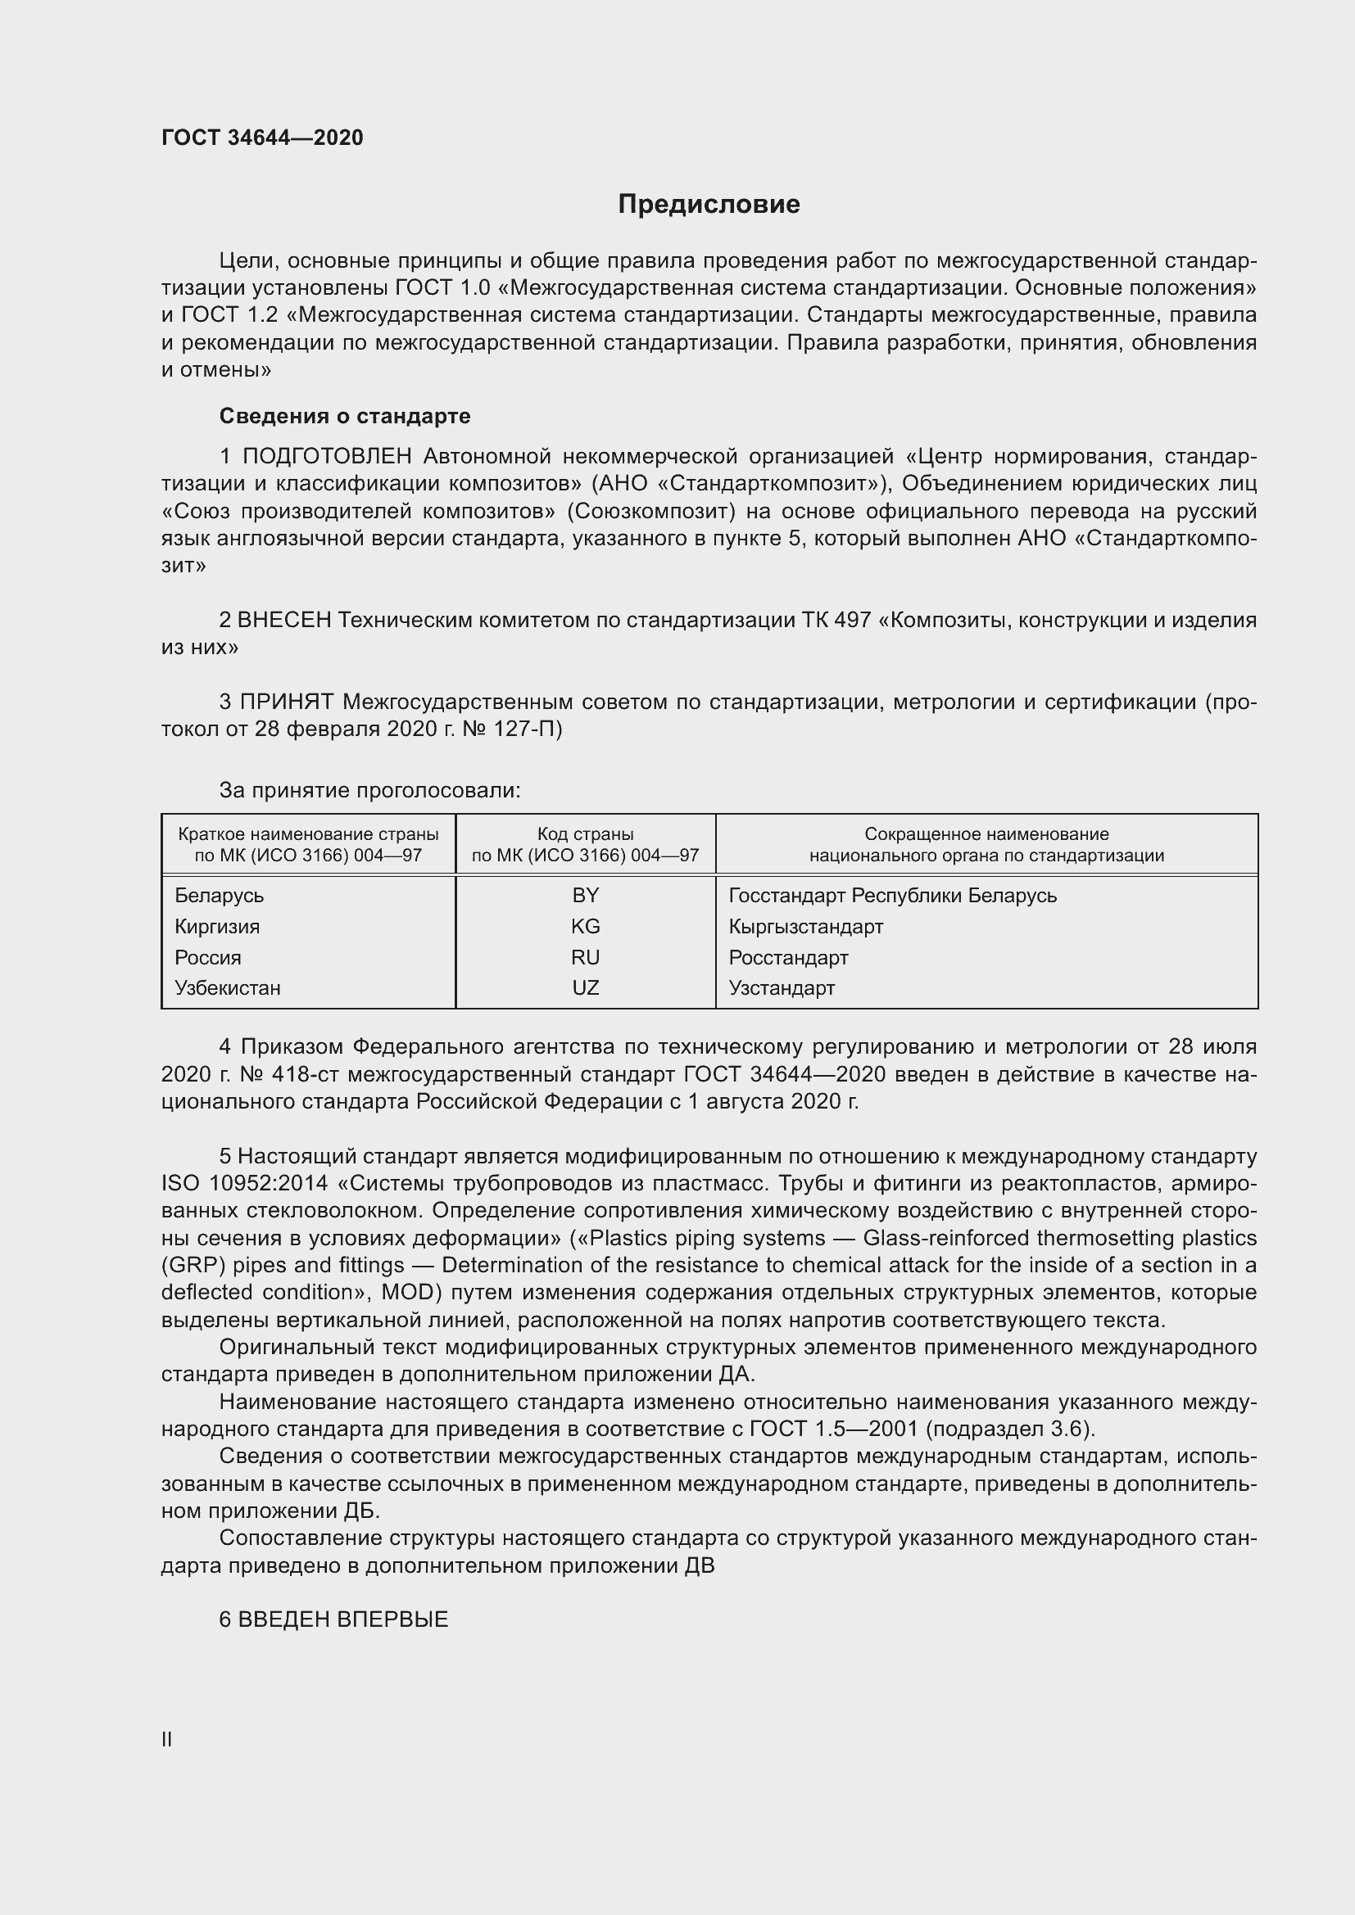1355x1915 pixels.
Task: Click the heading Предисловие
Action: [709, 205]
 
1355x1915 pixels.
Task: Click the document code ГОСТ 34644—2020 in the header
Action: [262, 138]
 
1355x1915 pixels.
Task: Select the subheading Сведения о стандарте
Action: [345, 415]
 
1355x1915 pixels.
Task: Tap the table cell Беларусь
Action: [220, 895]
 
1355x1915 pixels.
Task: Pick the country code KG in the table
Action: [585, 926]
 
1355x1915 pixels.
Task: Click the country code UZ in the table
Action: [585, 987]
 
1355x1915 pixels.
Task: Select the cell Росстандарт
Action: [787, 958]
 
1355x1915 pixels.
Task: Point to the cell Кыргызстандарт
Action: [805, 926]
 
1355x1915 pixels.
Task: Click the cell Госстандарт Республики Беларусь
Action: [892, 895]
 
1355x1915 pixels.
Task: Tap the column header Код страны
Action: [585, 834]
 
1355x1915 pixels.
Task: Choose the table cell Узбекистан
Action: [228, 987]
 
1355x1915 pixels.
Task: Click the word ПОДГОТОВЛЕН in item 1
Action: [327, 456]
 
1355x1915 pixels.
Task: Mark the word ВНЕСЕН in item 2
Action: [284, 620]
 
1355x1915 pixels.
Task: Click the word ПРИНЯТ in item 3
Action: [287, 702]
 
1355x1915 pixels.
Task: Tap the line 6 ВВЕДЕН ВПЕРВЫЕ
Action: [333, 1619]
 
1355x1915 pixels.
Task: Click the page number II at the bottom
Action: [167, 1739]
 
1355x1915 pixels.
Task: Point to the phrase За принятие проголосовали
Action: [369, 790]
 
